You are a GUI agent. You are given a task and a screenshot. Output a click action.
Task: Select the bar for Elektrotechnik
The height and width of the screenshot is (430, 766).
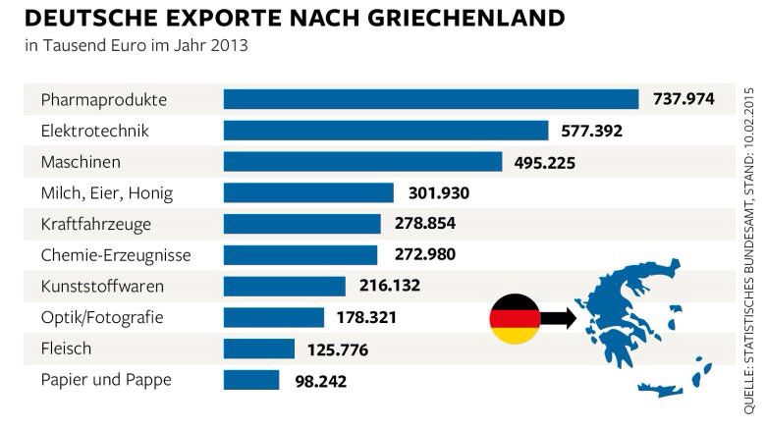[x=385, y=131]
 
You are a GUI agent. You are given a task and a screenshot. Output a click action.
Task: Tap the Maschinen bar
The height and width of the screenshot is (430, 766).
[x=362, y=162]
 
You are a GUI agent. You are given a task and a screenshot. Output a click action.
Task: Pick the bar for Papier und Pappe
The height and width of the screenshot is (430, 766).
[x=251, y=380]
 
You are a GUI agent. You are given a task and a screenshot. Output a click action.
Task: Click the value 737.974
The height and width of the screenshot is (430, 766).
[x=685, y=99]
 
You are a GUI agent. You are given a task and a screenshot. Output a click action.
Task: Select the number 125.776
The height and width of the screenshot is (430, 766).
[x=338, y=349]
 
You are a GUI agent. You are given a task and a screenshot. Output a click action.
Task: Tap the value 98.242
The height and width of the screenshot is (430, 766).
[x=319, y=380]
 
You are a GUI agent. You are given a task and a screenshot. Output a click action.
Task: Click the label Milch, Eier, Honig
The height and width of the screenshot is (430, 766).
[x=106, y=193]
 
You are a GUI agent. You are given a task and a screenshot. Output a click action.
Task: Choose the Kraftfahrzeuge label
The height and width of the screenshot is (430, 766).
[x=96, y=224]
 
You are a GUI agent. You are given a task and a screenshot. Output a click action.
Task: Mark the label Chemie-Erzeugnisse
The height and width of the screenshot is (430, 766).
[x=116, y=255]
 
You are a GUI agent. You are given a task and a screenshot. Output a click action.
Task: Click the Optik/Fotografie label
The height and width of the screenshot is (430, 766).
[x=102, y=317]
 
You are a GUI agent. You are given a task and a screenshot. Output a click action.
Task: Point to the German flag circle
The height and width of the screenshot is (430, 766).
[x=515, y=318]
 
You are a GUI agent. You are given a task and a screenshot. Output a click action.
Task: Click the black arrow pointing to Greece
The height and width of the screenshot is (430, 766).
[x=557, y=317]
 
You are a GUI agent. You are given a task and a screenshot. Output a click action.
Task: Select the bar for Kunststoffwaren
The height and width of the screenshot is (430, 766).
[x=284, y=286]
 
